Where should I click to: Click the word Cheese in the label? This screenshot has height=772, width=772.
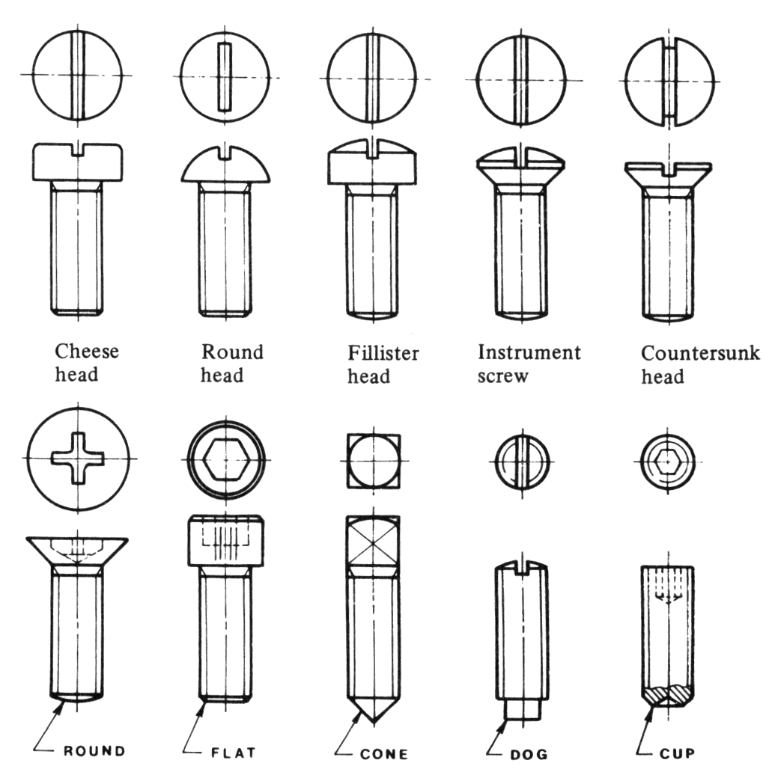[86, 352]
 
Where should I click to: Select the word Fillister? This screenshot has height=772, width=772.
[383, 352]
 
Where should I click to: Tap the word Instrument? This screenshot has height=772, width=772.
[529, 352]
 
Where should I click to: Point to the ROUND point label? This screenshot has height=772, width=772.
[94, 751]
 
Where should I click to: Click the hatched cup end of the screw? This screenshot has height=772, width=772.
[669, 693]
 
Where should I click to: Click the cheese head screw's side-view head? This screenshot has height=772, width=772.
[77, 163]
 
